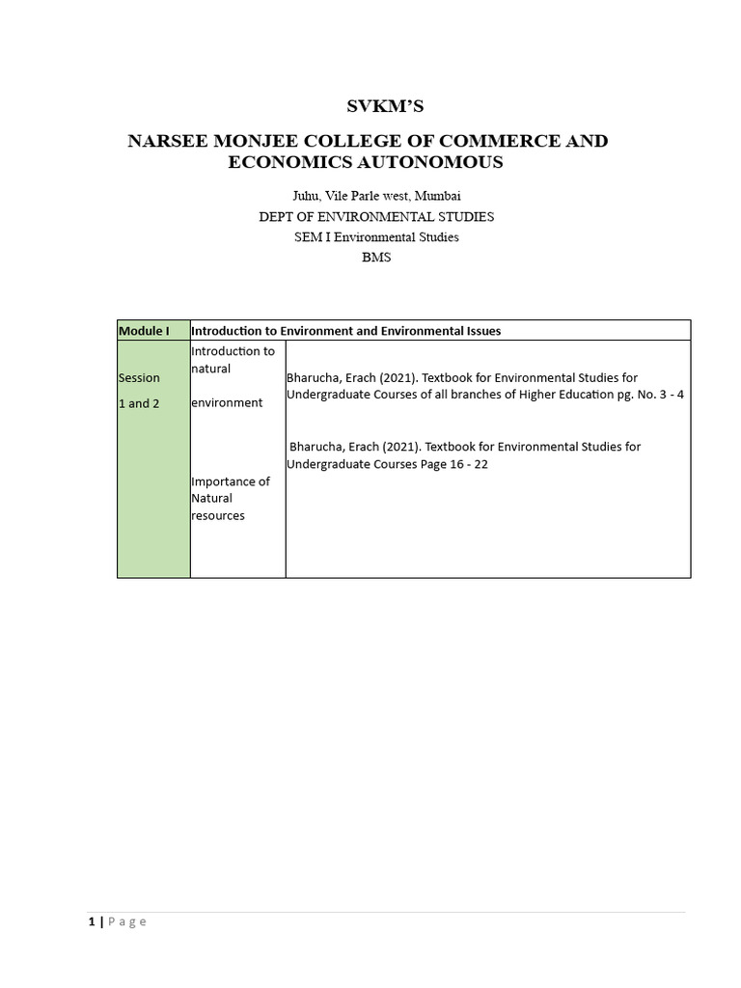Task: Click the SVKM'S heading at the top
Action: pos(370,107)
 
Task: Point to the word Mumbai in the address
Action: pos(438,196)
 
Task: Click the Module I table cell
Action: pos(144,331)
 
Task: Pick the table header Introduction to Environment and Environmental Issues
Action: pos(346,331)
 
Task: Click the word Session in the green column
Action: pos(139,377)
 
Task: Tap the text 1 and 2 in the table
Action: pos(139,402)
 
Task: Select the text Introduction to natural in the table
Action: pos(233,360)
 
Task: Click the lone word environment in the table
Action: pos(227,402)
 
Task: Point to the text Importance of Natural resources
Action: pos(231,498)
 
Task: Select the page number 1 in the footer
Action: pos(91,922)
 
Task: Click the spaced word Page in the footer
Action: pos(127,922)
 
